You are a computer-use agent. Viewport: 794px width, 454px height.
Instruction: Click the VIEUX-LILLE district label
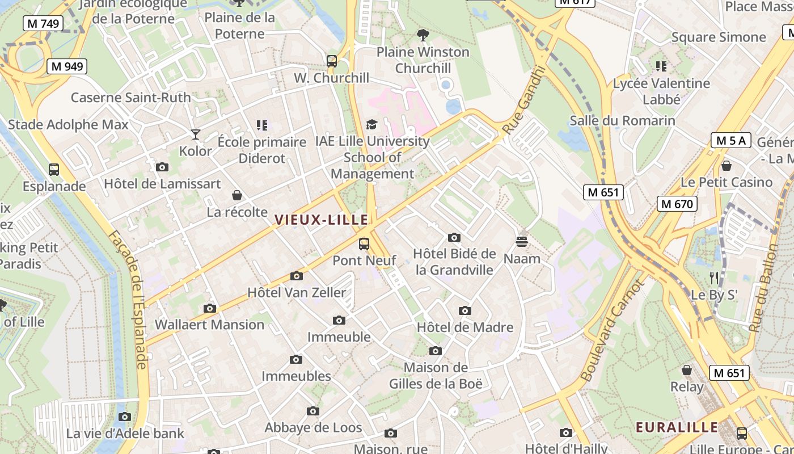pyautogui.click(x=322, y=220)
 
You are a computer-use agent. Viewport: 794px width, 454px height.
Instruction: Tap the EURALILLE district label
pyautogui.click(x=677, y=427)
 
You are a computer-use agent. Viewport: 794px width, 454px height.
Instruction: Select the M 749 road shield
pyautogui.click(x=43, y=23)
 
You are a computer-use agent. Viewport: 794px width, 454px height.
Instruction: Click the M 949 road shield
pyautogui.click(x=67, y=66)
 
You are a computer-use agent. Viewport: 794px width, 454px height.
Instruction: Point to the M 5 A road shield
pyautogui.click(x=731, y=140)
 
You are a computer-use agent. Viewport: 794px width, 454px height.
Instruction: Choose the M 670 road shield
pyautogui.click(x=677, y=203)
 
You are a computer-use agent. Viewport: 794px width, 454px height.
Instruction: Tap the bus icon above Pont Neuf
pyautogui.click(x=364, y=244)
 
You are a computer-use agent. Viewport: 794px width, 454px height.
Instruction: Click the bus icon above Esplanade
pyautogui.click(x=54, y=169)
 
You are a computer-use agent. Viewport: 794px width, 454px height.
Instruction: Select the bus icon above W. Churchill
pyautogui.click(x=332, y=61)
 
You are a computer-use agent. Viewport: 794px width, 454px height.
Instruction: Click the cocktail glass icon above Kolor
pyautogui.click(x=196, y=134)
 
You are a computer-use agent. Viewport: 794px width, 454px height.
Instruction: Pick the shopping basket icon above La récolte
pyautogui.click(x=237, y=196)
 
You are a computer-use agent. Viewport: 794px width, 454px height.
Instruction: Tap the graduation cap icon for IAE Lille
pyautogui.click(x=371, y=124)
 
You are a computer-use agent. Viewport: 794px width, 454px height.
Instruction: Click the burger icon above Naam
pyautogui.click(x=522, y=242)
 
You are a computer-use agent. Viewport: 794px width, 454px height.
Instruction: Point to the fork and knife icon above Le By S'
pyautogui.click(x=714, y=278)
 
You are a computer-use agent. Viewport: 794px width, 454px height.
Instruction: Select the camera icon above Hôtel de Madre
pyautogui.click(x=465, y=310)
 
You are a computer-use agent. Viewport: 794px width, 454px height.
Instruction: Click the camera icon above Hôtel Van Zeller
pyautogui.click(x=296, y=276)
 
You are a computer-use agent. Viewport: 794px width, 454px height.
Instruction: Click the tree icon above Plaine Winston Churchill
pyautogui.click(x=423, y=35)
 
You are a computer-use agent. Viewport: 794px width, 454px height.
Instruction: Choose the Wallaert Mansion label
pyautogui.click(x=209, y=325)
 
